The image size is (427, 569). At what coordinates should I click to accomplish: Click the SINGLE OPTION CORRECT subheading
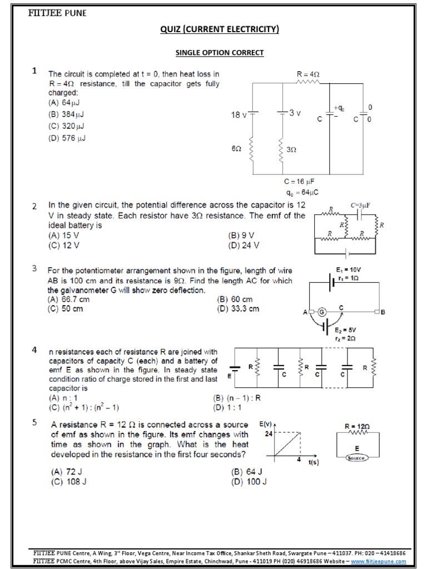click(x=220, y=53)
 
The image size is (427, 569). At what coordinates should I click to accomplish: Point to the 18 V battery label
click(x=239, y=115)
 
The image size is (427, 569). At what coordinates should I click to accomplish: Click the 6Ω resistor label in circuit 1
click(x=236, y=149)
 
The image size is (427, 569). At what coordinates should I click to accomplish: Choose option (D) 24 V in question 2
click(x=244, y=244)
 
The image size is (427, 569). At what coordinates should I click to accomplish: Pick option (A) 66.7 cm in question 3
click(x=68, y=299)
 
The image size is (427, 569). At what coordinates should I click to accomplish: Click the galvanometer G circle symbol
click(x=321, y=312)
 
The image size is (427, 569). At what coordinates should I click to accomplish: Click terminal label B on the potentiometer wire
click(x=383, y=312)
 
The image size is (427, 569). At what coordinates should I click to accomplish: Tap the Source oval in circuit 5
click(x=357, y=458)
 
